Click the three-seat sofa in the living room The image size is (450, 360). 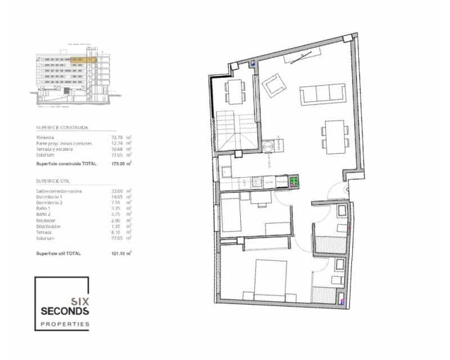pos(322,93)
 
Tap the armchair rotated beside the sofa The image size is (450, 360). pos(276,87)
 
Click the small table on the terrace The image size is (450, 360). pos(235,91)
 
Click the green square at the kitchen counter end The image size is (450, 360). pos(293,181)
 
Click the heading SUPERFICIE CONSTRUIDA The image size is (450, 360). pos(62,128)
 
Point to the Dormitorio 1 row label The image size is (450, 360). pos(49,197)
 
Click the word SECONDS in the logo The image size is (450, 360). pos(64,310)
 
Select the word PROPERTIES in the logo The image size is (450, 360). pos(64,324)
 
